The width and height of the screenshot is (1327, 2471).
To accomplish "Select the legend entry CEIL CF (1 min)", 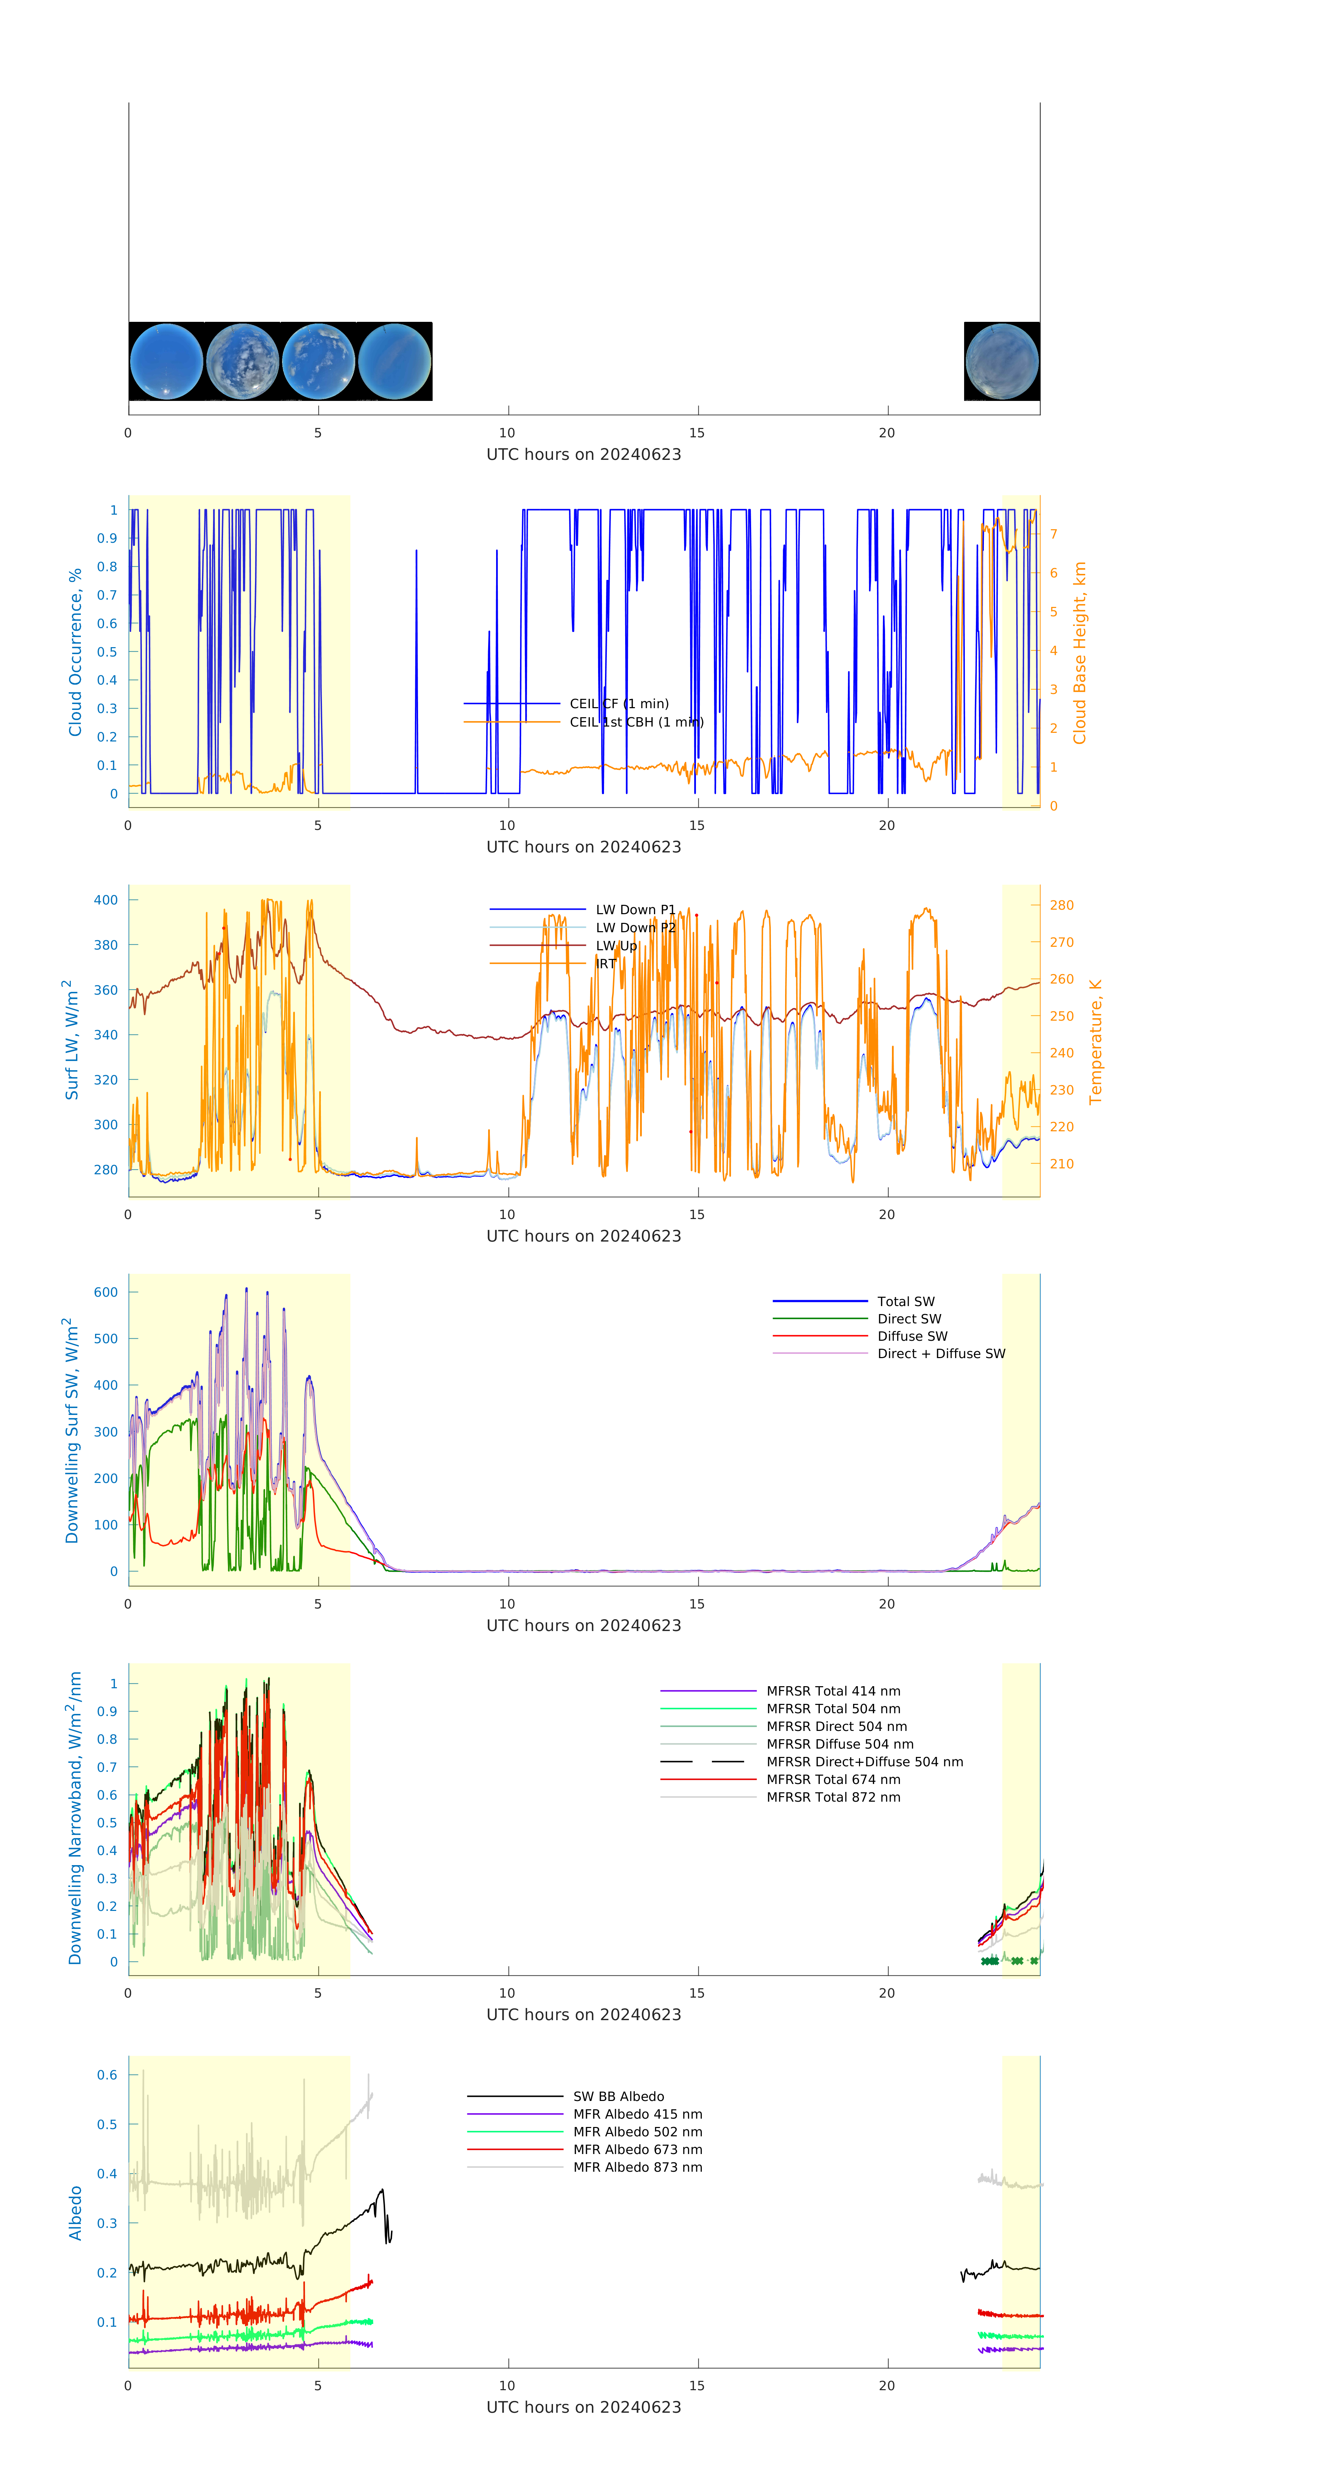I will point(619,703).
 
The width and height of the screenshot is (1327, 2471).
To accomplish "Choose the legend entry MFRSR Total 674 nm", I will point(833,1779).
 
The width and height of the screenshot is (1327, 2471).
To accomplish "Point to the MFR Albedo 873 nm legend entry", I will point(637,2167).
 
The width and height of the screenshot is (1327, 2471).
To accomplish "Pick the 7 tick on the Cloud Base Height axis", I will point(1054,534).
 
